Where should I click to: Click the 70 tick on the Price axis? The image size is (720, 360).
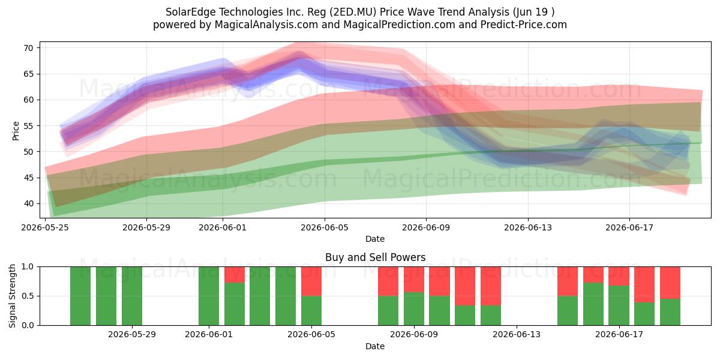pos(28,48)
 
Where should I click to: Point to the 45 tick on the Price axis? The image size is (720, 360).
pos(28,178)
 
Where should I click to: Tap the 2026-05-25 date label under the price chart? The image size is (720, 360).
pos(45,227)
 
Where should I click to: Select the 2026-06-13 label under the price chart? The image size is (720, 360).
pos(528,227)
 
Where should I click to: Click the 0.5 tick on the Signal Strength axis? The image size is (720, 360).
pos(28,296)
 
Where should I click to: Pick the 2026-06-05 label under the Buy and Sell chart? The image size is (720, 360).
pos(311,335)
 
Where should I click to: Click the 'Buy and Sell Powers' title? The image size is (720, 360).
pos(375,257)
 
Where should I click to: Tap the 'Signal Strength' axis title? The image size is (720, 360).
pos(12,296)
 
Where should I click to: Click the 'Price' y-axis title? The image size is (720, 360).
pos(16,131)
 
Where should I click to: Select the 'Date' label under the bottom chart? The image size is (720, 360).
pos(375,346)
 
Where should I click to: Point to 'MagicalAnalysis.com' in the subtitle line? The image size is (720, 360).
pos(266,25)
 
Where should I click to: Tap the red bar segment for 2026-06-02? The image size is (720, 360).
pos(235,275)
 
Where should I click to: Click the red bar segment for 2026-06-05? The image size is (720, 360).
pos(311,281)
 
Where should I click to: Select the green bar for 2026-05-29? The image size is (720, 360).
pos(132,296)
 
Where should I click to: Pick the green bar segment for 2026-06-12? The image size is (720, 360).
pos(491,316)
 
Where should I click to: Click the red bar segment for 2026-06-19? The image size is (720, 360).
pos(670,283)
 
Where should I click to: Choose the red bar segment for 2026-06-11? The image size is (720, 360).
pos(465,286)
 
